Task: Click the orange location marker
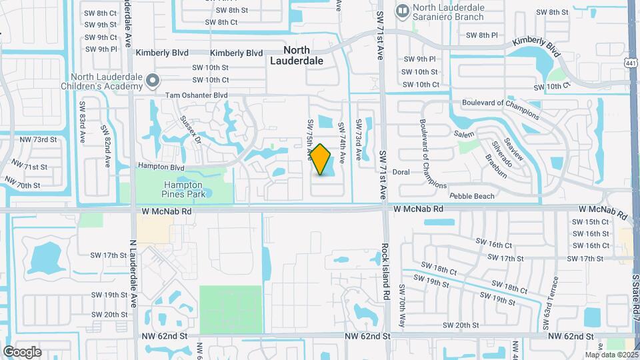click(321, 160)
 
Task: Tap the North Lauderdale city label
click(297, 55)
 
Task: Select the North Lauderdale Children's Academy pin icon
click(153, 81)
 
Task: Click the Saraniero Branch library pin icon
click(402, 11)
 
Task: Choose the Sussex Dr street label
click(191, 127)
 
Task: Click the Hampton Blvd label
click(161, 167)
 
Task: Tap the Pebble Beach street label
click(472, 196)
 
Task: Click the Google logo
click(22, 352)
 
